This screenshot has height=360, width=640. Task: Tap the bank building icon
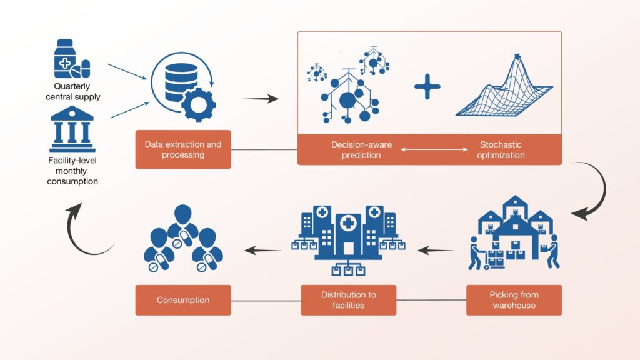[72, 129]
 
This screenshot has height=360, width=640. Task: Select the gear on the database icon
[198, 104]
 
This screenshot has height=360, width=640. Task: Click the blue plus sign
[427, 86]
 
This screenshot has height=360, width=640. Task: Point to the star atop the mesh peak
[517, 56]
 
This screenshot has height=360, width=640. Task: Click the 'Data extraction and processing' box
[183, 149]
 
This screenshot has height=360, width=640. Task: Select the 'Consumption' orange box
[183, 300]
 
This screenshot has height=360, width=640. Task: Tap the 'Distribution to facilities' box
[349, 300]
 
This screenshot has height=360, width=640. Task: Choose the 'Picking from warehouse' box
[514, 300]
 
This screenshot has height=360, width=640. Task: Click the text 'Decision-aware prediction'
[361, 150]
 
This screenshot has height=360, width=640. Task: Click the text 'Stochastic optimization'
[501, 150]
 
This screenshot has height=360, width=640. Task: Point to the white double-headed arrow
[434, 149]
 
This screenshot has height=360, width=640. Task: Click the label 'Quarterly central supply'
[73, 91]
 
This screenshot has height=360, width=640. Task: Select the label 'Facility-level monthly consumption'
[72, 171]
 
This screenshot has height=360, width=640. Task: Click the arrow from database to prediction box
[261, 98]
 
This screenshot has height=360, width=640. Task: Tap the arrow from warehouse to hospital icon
[436, 250]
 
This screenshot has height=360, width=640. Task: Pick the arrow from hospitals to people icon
[263, 250]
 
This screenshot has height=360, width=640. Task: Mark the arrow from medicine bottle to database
[127, 71]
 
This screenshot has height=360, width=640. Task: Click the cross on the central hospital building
[348, 223]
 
